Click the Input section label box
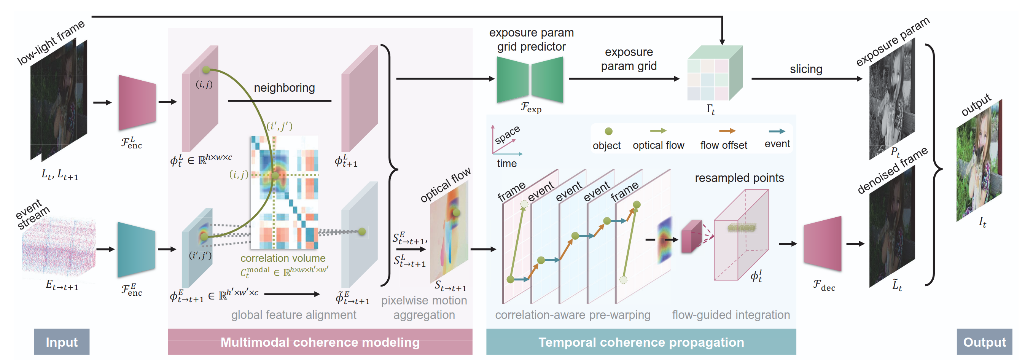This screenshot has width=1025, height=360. pyautogui.click(x=62, y=342)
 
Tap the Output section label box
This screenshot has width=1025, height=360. pyautogui.click(x=984, y=342)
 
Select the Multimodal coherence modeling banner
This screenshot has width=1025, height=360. pyautogui.click(x=320, y=342)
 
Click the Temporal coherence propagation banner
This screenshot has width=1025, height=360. pyautogui.click(x=641, y=342)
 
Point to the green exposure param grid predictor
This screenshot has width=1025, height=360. pyautogui.click(x=530, y=80)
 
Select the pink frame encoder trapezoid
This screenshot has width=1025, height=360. pyautogui.click(x=137, y=103)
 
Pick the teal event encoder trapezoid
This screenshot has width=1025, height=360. pyautogui.click(x=136, y=250)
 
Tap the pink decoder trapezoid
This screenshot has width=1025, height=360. pyautogui.click(x=823, y=244)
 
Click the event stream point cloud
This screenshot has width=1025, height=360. pyautogui.click(x=59, y=247)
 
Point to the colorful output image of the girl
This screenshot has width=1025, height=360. pyautogui.click(x=979, y=161)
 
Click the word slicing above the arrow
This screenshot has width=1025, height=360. pyautogui.click(x=806, y=69)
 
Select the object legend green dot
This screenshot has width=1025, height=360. pyautogui.click(x=608, y=131)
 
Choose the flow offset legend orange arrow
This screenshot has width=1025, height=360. pyautogui.click(x=727, y=131)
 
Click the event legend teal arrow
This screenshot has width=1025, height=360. pyautogui.click(x=777, y=131)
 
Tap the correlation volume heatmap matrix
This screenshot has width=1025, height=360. pyautogui.click(x=285, y=193)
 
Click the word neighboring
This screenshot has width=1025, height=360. pyautogui.click(x=284, y=88)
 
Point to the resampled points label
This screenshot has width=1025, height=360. pyautogui.click(x=739, y=178)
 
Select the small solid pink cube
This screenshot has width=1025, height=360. pyautogui.click(x=691, y=237)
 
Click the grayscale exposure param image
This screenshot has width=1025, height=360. pyautogui.click(x=892, y=99)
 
